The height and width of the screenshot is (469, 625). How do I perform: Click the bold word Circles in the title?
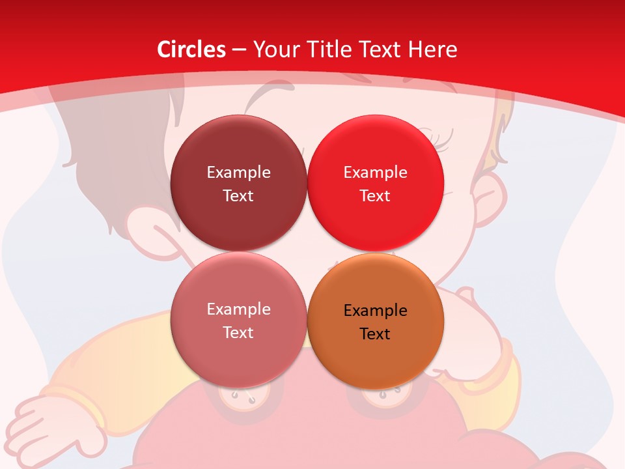[x=191, y=50]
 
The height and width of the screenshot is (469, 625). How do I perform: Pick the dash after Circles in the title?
[x=238, y=50]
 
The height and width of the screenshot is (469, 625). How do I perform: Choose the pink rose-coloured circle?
[x=238, y=352]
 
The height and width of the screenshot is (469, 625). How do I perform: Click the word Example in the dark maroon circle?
[x=238, y=173]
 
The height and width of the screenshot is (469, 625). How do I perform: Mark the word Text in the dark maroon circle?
[x=238, y=196]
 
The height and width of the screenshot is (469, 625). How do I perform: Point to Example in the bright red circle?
[x=376, y=173]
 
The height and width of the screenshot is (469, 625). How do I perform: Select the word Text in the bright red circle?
[x=376, y=196]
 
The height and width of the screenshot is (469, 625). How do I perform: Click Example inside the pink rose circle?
[x=238, y=309]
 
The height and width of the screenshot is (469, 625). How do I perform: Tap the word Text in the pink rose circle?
[x=238, y=333]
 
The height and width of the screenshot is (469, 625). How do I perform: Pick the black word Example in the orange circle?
[x=376, y=311]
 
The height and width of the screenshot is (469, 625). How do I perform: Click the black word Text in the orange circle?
[x=376, y=334]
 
